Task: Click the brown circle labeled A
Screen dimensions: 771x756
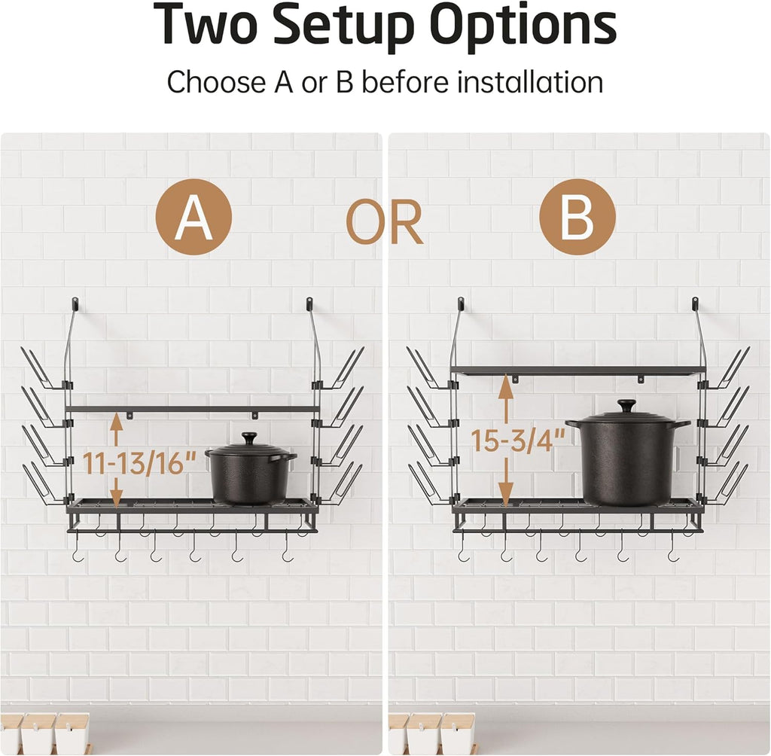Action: pyautogui.click(x=194, y=217)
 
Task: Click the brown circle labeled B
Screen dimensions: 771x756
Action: pyautogui.click(x=577, y=217)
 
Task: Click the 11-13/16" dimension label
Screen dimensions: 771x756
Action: pyautogui.click(x=139, y=462)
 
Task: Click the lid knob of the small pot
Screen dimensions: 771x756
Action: pyautogui.click(x=249, y=439)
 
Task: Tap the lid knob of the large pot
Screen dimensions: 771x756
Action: pyautogui.click(x=627, y=407)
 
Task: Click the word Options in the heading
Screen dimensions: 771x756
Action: pyautogui.click(x=524, y=26)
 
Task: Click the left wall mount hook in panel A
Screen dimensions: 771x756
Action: pyautogui.click(x=75, y=303)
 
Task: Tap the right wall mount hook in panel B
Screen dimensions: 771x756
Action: pyautogui.click(x=695, y=303)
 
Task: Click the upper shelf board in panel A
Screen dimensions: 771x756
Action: pyautogui.click(x=192, y=409)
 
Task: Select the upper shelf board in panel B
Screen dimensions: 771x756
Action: pyautogui.click(x=578, y=370)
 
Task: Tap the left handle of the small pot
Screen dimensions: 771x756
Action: pyautogui.click(x=212, y=453)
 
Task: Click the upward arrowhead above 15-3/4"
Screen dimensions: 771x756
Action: pyautogui.click(x=506, y=388)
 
